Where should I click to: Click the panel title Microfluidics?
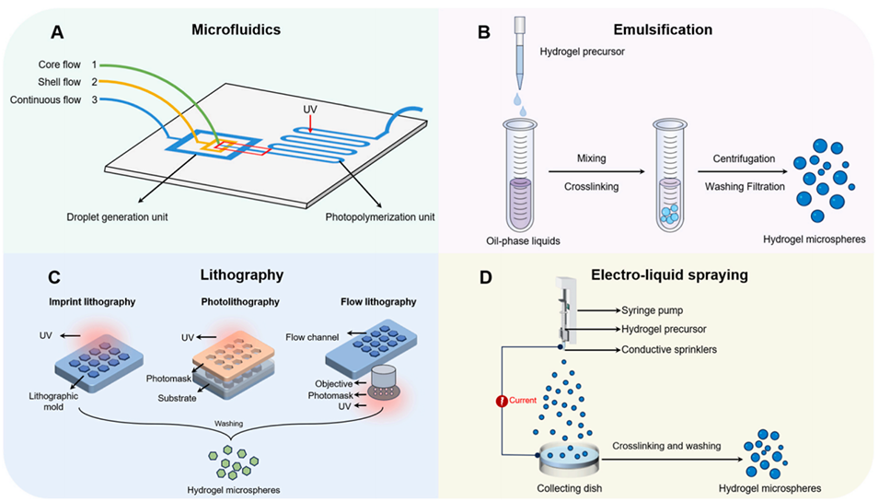point(243,31)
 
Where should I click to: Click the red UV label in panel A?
point(311,109)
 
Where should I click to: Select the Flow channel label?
point(312,337)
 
